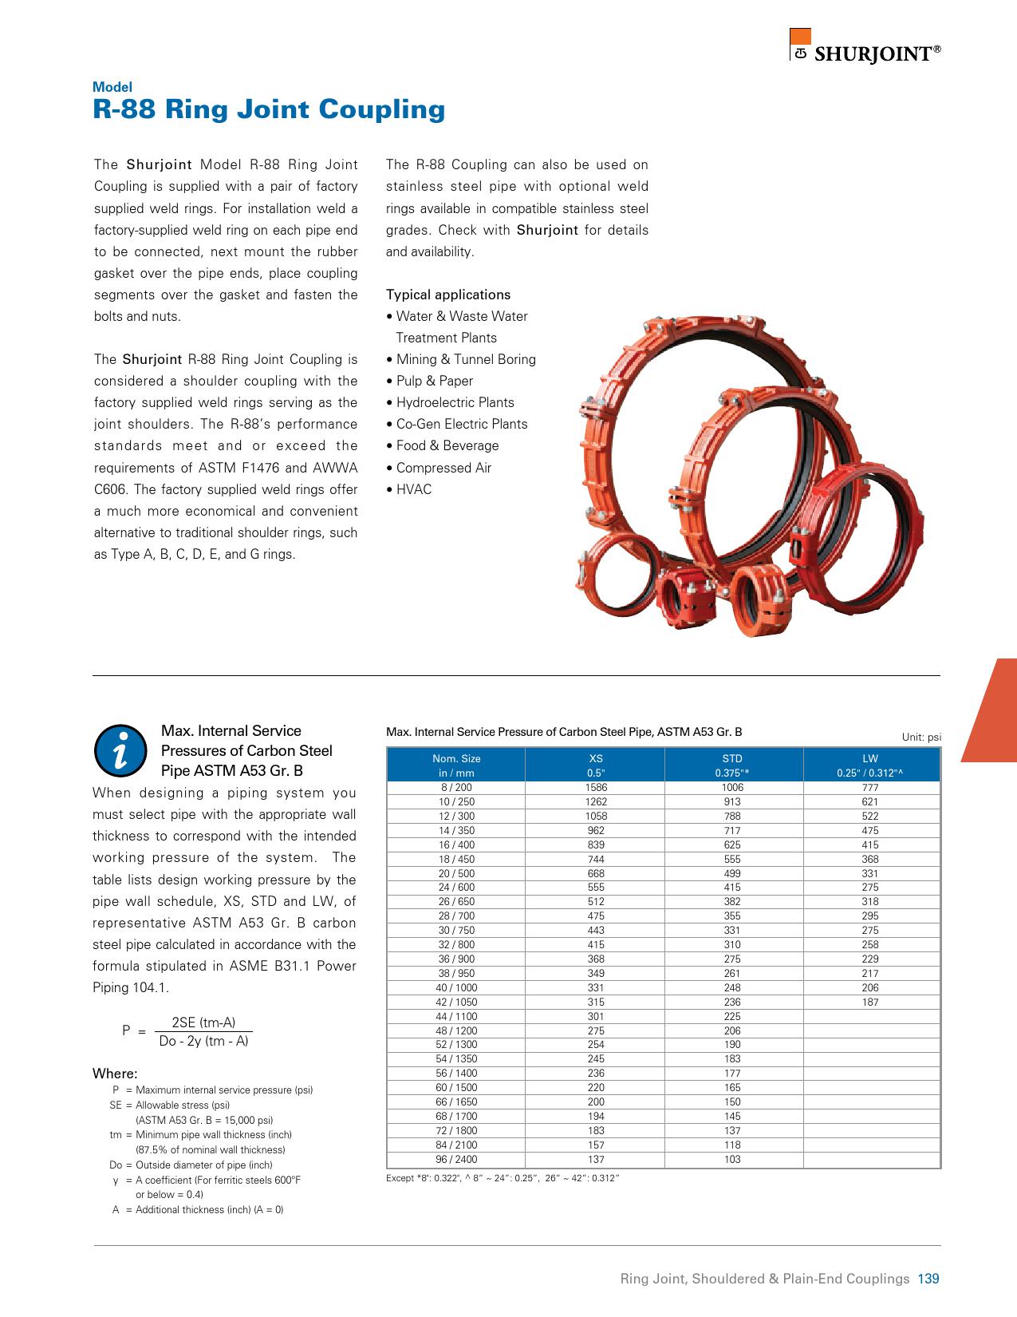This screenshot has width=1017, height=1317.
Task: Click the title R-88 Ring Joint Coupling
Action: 269,109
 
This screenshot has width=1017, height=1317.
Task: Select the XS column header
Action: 595,765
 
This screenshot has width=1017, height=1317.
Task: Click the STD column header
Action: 731,765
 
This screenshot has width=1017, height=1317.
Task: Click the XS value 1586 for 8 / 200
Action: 595,788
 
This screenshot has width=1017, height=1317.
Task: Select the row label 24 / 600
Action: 455,888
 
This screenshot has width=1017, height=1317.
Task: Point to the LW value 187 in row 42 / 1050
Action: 869,1002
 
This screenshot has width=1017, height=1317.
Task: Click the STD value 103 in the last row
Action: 731,1159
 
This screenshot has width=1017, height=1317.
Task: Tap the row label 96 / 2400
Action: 455,1159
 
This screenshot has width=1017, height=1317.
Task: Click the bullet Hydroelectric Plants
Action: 455,403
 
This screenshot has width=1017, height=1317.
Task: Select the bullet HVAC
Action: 413,489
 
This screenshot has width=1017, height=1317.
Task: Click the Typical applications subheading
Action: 447,295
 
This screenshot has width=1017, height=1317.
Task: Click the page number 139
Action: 928,1279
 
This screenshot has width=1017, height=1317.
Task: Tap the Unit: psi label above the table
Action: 921,737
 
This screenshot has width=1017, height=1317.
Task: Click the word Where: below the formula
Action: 115,1074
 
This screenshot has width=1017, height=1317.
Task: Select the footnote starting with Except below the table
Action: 503,1178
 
